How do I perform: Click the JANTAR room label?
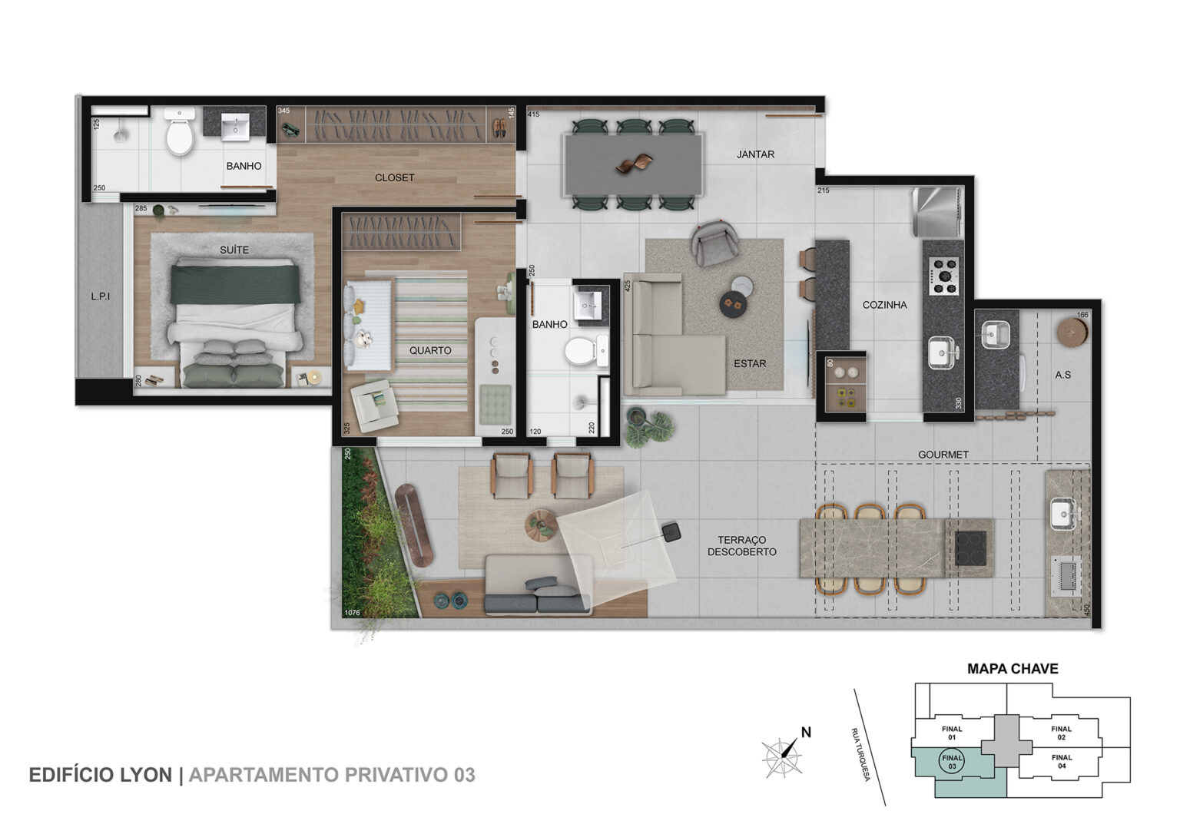[x=755, y=154]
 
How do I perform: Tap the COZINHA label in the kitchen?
[x=884, y=305]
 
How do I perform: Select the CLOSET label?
[x=395, y=178]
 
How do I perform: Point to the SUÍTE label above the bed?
[x=234, y=250]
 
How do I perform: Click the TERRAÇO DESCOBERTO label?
[x=741, y=546]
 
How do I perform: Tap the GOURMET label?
[x=943, y=455]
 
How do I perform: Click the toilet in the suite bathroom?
[x=180, y=131]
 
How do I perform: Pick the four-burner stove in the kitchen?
[x=943, y=276]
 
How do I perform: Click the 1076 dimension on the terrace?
[x=352, y=612]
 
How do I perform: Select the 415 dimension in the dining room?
[x=534, y=114]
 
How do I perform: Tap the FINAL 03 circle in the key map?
[x=952, y=762]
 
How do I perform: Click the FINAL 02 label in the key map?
[x=1062, y=733]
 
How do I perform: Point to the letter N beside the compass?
[x=806, y=733]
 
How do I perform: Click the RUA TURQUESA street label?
[x=860, y=754]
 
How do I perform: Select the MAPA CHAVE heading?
[x=1013, y=669]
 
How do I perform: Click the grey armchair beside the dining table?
[x=714, y=243]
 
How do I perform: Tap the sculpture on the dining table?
[x=635, y=164]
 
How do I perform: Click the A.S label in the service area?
[x=1062, y=375]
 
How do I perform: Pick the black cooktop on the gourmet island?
[x=970, y=548]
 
